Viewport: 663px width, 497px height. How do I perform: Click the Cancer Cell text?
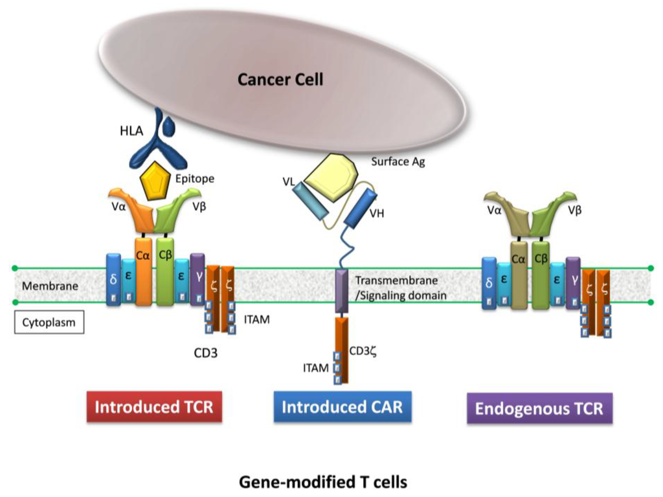(280, 80)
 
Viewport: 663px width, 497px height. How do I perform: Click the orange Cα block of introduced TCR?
(144, 272)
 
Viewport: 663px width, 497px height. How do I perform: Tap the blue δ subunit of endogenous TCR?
(489, 283)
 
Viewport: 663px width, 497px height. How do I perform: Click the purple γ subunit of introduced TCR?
(197, 279)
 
